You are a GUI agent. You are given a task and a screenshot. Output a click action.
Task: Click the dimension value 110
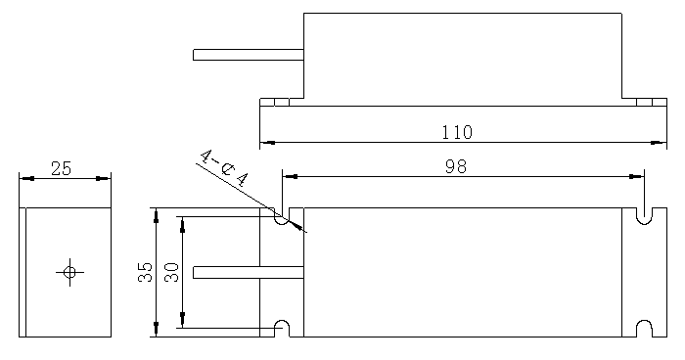tap(457, 132)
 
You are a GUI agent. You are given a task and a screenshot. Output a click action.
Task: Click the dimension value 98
tap(456, 166)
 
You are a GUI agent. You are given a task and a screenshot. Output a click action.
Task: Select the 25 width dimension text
tap(61, 168)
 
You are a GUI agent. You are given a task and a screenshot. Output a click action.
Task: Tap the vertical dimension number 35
tap(146, 272)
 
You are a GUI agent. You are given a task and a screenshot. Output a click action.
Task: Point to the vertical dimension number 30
tap(171, 272)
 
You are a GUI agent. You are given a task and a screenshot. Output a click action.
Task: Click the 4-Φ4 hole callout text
tap(224, 168)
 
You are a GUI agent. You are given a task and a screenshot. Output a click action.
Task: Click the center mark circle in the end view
tap(69, 272)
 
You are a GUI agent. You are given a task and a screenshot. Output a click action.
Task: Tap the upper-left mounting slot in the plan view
tap(282, 216)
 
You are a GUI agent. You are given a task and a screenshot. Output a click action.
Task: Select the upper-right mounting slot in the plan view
tap(644, 216)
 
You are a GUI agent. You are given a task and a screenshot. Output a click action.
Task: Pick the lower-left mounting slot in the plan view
tap(282, 329)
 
